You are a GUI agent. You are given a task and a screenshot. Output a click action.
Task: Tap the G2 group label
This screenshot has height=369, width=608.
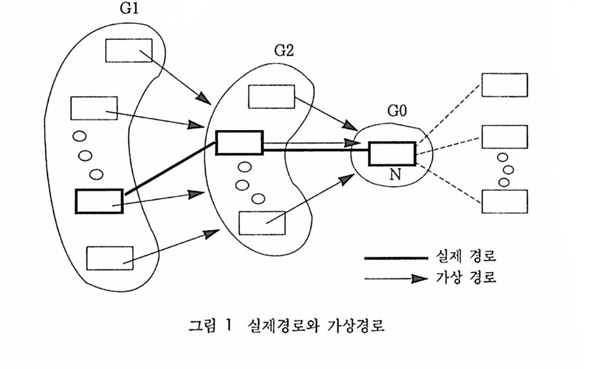[284, 50]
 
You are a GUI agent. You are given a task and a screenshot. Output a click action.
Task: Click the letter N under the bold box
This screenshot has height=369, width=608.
[395, 175]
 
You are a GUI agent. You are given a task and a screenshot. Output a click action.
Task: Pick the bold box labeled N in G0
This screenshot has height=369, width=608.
[392, 153]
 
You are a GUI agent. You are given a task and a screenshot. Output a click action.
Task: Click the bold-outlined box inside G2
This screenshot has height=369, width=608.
[239, 142]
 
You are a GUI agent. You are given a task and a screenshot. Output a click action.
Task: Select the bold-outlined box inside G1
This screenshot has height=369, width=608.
[99, 201]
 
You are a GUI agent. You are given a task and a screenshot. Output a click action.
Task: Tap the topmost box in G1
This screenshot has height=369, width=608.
[129, 50]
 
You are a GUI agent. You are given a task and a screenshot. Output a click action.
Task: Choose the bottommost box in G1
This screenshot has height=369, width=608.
[109, 258]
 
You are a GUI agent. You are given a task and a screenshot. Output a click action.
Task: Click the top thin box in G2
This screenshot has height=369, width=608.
[272, 97]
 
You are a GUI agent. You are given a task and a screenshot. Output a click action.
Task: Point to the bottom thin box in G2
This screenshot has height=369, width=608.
[263, 223]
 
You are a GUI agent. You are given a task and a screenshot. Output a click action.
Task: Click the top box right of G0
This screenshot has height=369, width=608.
[504, 85]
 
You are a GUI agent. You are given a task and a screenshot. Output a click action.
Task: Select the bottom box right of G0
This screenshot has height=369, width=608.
[504, 201]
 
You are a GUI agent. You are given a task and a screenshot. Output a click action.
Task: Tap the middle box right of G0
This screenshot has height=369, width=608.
[504, 136]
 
